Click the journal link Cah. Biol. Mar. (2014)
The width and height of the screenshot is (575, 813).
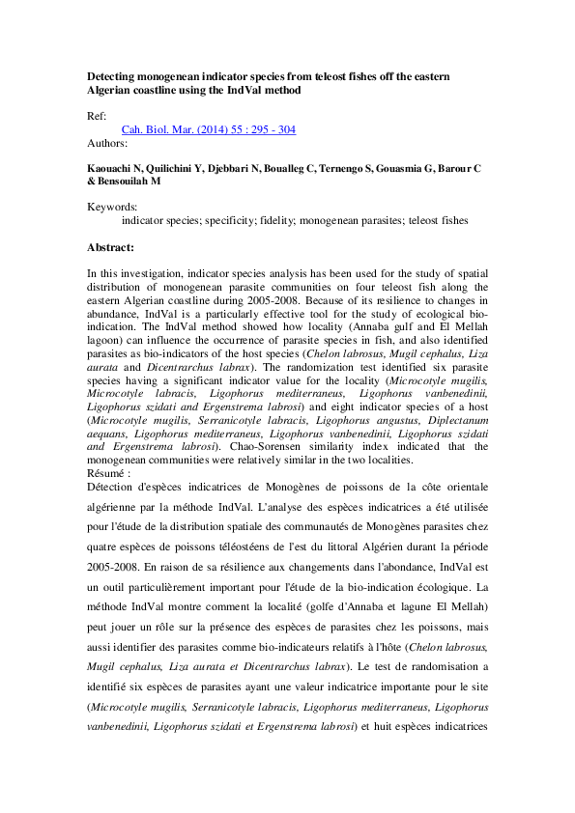coord(208,129)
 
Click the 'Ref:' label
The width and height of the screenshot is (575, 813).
coord(97,115)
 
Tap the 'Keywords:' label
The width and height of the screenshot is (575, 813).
coord(112,206)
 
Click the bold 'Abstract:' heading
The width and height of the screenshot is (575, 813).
coord(110,247)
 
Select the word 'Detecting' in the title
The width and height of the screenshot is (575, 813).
coord(114,75)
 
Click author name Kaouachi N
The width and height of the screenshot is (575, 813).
coord(116,168)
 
